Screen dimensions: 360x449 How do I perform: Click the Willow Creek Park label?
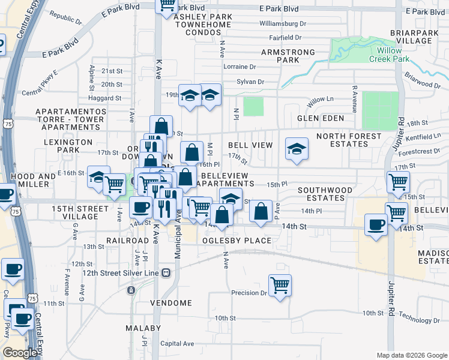394,55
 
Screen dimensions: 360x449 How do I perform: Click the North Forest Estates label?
349,140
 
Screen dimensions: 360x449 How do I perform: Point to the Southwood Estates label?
325,193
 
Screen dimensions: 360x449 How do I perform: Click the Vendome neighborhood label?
170,303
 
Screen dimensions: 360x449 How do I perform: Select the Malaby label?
143,328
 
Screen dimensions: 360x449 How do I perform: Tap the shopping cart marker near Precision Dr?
280,285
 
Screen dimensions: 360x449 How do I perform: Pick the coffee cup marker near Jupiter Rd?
376,225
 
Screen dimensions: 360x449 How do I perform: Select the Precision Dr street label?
249,293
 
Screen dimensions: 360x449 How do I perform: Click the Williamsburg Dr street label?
282,23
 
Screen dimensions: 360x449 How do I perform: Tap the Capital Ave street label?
177,344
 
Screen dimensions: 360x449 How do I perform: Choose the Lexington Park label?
68,146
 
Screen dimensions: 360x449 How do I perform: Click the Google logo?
20,353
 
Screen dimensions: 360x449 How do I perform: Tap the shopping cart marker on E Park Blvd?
167,5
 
